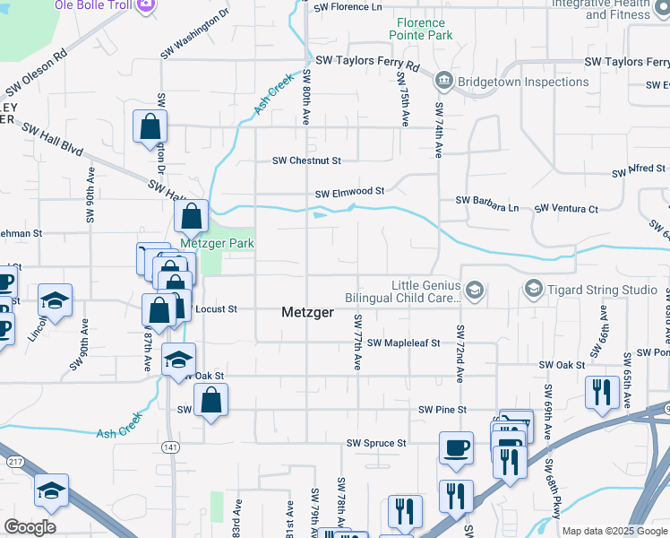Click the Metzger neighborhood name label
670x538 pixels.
tap(308, 313)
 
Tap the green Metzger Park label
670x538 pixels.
tap(217, 243)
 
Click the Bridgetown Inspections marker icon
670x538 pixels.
tap(443, 82)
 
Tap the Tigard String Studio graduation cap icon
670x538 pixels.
tap(533, 289)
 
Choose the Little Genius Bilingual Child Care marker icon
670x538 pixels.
tap(475, 290)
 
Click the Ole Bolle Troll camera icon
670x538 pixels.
tap(146, 4)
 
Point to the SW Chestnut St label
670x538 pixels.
tap(307, 161)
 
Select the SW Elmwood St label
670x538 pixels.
tap(348, 192)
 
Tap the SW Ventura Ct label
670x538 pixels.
tap(566, 209)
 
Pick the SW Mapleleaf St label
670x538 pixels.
tap(403, 343)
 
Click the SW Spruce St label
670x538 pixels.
tap(376, 443)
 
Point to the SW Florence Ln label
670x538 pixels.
tap(347, 7)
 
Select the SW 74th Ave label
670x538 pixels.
tap(439, 131)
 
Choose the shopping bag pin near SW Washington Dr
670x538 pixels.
tap(150, 126)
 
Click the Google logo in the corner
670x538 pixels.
tap(30, 527)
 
